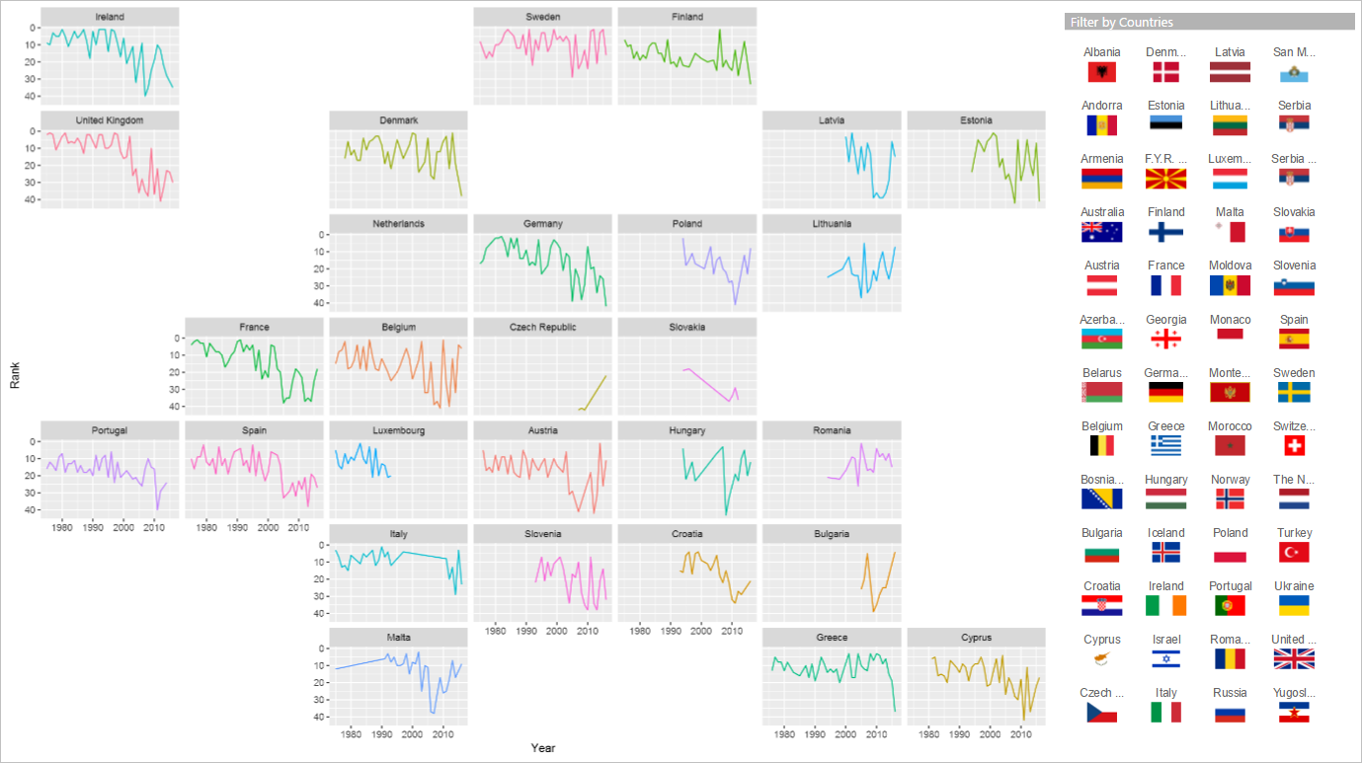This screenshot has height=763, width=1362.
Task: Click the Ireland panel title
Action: click(110, 17)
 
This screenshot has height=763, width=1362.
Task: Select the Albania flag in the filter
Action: click(1101, 71)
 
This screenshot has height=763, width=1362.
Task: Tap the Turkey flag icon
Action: click(1293, 552)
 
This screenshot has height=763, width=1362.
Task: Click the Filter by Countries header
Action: click(1122, 22)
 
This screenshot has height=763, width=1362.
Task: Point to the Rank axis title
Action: click(16, 375)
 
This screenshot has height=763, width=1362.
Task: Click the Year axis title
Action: click(542, 748)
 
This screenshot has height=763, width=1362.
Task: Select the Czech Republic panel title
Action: click(542, 327)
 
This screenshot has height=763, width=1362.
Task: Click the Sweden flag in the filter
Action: click(1293, 392)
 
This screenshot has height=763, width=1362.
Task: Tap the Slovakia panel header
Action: click(686, 327)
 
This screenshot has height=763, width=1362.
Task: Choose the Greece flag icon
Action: click(1165, 445)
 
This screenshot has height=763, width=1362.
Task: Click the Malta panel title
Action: click(398, 637)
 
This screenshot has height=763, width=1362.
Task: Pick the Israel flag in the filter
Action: click(1165, 658)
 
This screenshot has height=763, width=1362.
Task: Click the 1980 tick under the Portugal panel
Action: click(62, 528)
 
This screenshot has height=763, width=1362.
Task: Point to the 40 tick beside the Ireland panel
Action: click(33, 96)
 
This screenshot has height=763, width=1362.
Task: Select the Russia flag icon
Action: click(1230, 713)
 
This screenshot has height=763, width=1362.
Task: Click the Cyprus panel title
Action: click(976, 637)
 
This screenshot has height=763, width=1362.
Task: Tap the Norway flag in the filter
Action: click(1230, 498)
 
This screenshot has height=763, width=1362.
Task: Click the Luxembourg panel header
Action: click(398, 430)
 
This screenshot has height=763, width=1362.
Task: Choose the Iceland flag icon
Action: click(1165, 552)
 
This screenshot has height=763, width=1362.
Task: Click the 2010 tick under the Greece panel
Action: click(876, 734)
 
